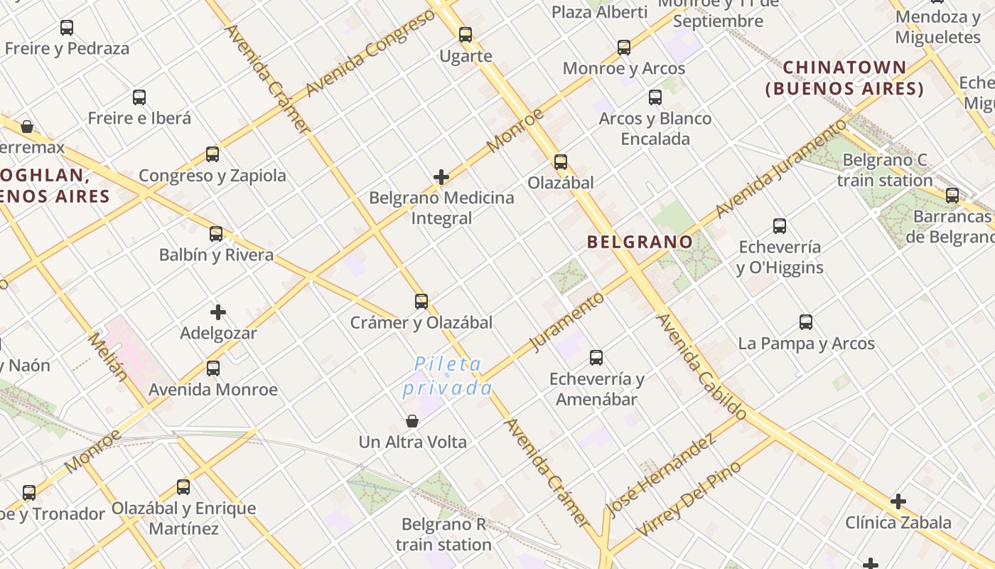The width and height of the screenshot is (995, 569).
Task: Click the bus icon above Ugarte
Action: (466, 34)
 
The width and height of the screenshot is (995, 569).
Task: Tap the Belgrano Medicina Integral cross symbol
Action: (441, 177)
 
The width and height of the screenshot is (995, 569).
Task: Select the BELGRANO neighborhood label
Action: (640, 242)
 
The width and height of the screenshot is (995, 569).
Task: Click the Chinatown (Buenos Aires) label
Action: (844, 78)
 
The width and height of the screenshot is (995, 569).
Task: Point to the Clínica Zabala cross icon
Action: (898, 501)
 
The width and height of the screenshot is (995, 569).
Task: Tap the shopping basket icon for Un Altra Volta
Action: (412, 421)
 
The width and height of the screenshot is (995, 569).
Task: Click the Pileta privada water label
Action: (448, 376)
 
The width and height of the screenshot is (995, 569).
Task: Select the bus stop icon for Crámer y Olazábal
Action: (421, 302)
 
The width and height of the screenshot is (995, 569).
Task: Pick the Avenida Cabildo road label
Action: (701, 367)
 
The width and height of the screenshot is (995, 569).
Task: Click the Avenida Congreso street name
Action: (370, 53)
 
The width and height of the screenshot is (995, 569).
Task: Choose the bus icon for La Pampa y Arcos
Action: (806, 322)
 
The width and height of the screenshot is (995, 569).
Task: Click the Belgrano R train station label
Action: (443, 535)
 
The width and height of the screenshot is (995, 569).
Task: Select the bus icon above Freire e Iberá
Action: (139, 97)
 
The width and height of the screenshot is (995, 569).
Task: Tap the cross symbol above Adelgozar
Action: (218, 312)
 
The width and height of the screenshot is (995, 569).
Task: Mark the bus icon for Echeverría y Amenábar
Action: (596, 358)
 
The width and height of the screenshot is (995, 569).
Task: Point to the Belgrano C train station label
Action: (884, 170)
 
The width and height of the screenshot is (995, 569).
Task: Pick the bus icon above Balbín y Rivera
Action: (216, 233)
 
